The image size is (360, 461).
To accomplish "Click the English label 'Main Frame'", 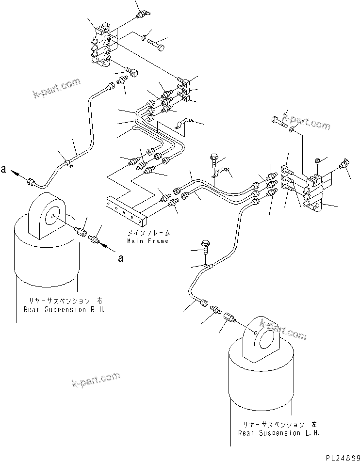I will [x=147, y=240].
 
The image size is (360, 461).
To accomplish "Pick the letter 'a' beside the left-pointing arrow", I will [x=4, y=170].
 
